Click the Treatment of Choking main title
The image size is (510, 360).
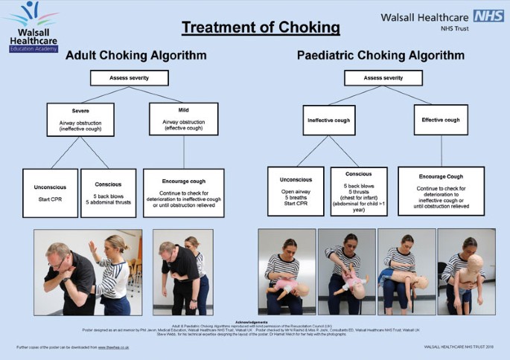[x=261, y=29]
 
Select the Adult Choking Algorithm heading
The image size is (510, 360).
[x=136, y=56]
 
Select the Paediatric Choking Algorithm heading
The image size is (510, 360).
[x=380, y=56]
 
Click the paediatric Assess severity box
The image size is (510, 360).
[x=383, y=77]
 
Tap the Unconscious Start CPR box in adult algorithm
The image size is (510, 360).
[x=50, y=193]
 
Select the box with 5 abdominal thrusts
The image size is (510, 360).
[x=109, y=193]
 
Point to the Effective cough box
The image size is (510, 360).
[x=441, y=119]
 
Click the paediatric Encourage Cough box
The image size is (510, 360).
[x=441, y=190]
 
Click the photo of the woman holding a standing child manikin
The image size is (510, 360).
[x=461, y=271]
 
